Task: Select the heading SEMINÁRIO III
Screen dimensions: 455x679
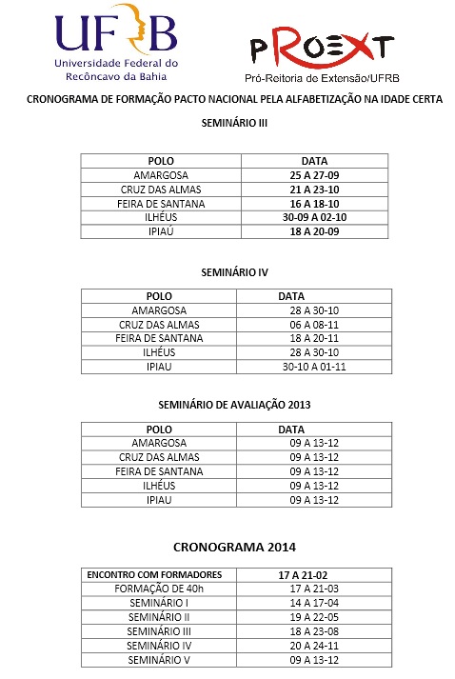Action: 227,122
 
